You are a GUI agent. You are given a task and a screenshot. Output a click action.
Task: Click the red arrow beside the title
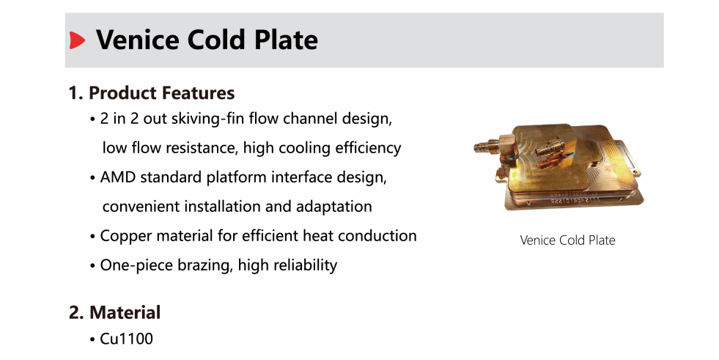(77, 40)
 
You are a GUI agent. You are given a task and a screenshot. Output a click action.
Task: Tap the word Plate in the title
(286, 40)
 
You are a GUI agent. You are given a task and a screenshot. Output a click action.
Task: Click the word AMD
(118, 177)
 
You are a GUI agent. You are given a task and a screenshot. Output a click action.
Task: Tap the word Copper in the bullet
(125, 236)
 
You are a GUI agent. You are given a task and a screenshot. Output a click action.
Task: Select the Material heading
(114, 313)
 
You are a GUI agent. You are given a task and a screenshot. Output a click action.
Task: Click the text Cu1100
(127, 339)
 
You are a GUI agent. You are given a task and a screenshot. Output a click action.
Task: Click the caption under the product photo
(568, 240)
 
